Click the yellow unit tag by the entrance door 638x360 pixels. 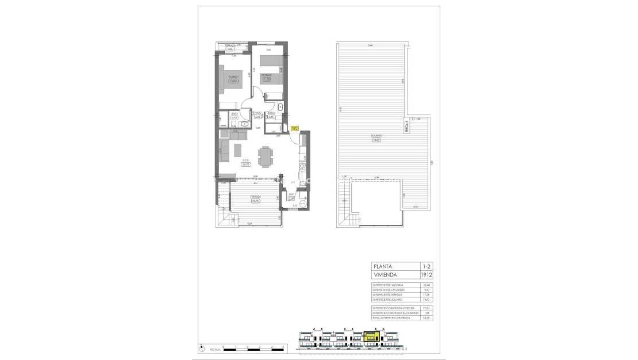pos(294,129)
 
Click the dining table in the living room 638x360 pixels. pos(266,156)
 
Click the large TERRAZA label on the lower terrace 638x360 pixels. pos(256,200)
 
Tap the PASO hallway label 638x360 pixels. pos(258,114)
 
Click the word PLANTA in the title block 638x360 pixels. pos(383,267)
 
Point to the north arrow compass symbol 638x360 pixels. pos(201,348)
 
